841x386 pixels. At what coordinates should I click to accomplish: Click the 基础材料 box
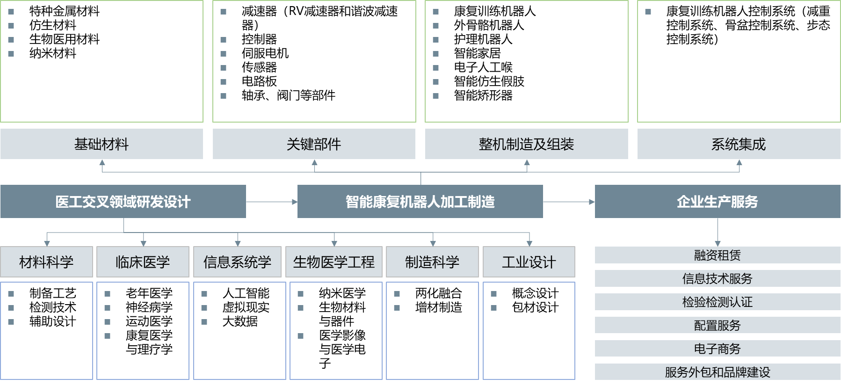[101, 144]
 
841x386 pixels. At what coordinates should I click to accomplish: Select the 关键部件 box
[314, 144]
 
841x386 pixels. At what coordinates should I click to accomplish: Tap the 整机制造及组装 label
[526, 144]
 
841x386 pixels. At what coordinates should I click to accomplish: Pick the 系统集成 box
[739, 144]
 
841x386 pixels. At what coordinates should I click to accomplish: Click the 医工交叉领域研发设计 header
[123, 202]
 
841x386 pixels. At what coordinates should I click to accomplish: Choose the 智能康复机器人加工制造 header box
[420, 202]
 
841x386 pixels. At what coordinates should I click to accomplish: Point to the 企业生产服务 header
[718, 202]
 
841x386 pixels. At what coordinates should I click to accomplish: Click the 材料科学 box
[46, 262]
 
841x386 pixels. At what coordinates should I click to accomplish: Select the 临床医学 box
[143, 262]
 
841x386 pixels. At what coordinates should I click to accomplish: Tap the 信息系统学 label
[237, 262]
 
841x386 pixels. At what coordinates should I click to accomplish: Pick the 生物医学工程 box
[334, 262]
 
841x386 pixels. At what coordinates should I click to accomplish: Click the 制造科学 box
[432, 262]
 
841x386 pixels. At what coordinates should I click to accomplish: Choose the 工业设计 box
[529, 262]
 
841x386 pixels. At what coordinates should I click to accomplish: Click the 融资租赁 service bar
[718, 255]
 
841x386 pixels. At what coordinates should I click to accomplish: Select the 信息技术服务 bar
[718, 279]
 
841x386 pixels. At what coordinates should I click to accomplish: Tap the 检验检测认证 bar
[718, 302]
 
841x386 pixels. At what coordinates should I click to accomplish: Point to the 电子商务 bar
[718, 349]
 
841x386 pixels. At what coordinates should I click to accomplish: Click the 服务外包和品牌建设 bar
[718, 372]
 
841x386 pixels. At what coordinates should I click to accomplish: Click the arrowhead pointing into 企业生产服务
[592, 202]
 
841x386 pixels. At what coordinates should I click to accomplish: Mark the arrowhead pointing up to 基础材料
[102, 162]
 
